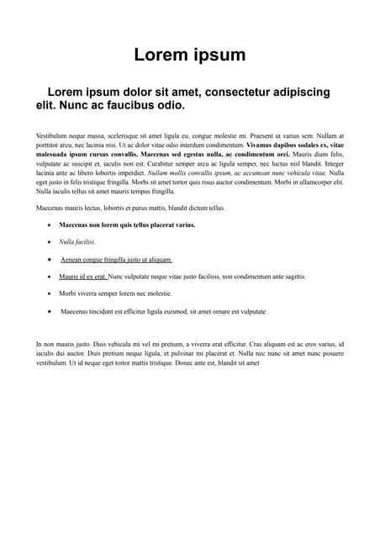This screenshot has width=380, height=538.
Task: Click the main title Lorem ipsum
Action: click(190, 55)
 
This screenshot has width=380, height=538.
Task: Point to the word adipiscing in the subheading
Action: click(303, 92)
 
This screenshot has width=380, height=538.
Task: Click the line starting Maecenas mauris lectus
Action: click(130, 208)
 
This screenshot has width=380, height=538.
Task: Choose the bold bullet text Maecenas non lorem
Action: click(127, 225)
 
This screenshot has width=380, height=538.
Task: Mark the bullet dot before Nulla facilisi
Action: click(50, 242)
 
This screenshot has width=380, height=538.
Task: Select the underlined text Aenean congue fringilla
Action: click(116, 260)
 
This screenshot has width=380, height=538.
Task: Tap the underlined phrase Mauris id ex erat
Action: click(82, 277)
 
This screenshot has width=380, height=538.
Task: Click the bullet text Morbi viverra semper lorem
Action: click(115, 294)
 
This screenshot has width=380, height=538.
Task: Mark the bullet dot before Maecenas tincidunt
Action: click(50, 311)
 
